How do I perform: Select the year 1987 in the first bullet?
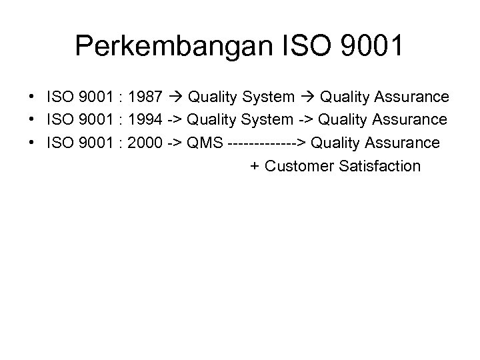pyautogui.click(x=145, y=97)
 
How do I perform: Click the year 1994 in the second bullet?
pyautogui.click(x=145, y=120)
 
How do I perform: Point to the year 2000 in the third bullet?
pyautogui.click(x=145, y=143)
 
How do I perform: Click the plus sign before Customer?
pyautogui.click(x=255, y=165)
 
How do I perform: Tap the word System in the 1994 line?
pyautogui.click(x=266, y=120)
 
